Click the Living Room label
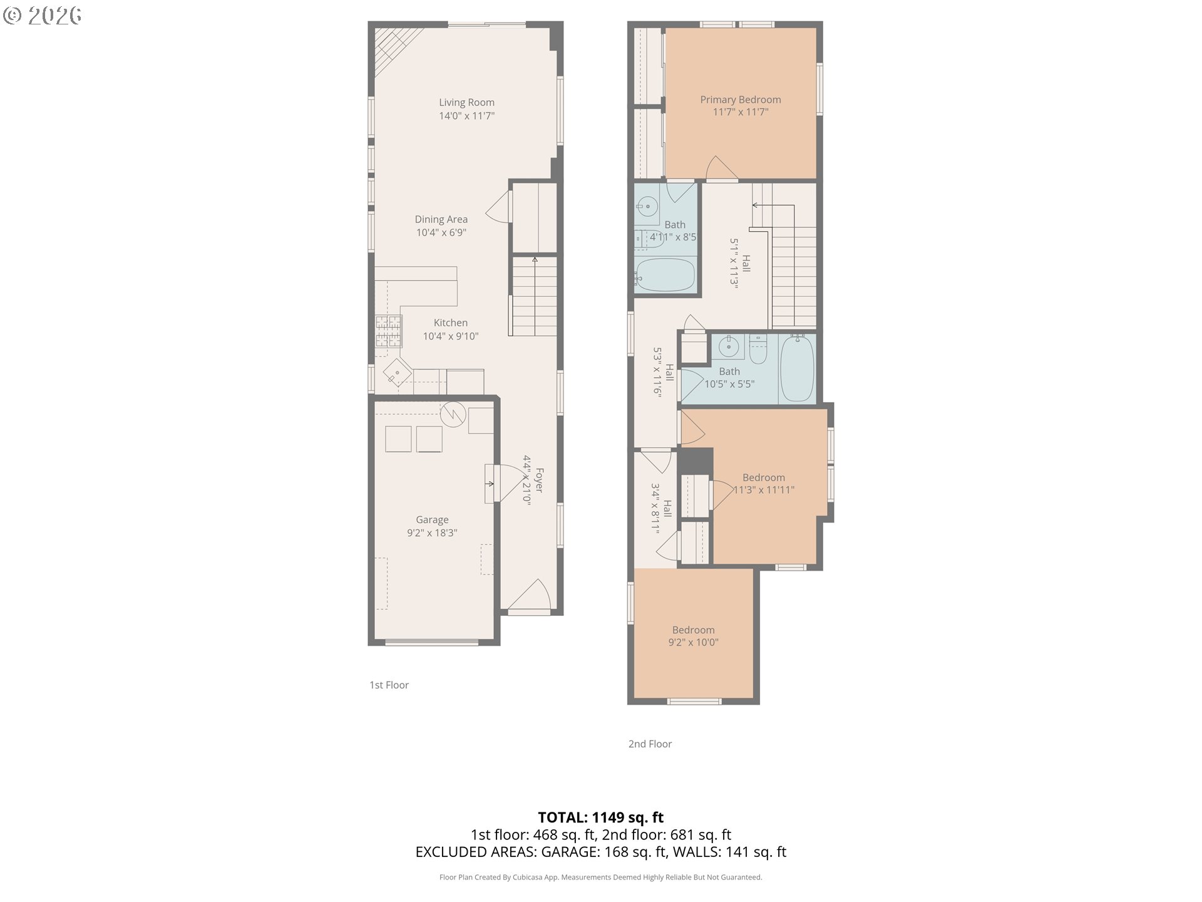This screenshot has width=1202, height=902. click(x=466, y=102)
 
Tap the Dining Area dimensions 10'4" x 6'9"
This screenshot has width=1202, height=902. click(x=441, y=232)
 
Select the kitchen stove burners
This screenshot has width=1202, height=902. click(x=388, y=331)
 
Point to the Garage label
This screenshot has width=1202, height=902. click(x=432, y=519)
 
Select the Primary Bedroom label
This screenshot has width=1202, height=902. click(x=741, y=100)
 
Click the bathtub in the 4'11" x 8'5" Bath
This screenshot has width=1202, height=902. click(x=665, y=275)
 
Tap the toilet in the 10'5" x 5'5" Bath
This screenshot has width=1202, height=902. click(x=758, y=351)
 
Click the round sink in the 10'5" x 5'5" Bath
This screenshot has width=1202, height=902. click(x=729, y=346)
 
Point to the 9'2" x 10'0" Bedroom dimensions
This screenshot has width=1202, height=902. click(x=693, y=642)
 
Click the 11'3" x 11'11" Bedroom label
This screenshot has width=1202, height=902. click(x=764, y=477)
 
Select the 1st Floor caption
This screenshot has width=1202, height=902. click(x=389, y=685)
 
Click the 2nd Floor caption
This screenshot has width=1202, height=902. click(x=650, y=744)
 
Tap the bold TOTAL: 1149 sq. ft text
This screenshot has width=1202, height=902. click(x=600, y=817)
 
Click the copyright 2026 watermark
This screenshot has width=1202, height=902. click(x=43, y=15)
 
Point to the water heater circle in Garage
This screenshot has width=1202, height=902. click(x=453, y=413)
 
